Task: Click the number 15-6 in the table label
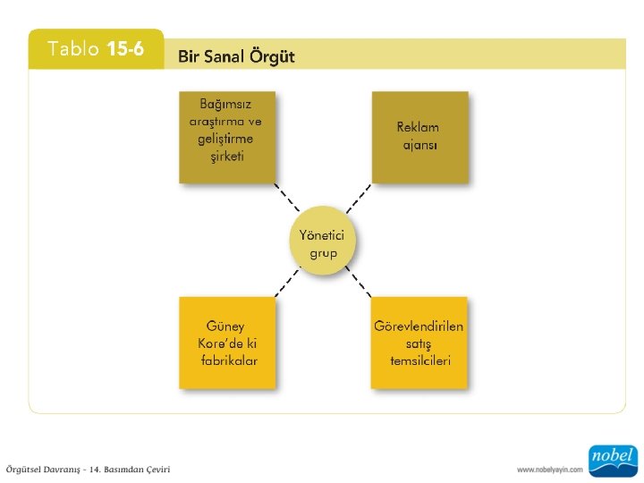(125, 49)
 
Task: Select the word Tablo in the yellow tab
(74, 49)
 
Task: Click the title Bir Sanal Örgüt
(236, 57)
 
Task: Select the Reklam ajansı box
(419, 136)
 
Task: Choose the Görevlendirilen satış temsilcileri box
(419, 343)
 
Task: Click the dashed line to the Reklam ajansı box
(358, 199)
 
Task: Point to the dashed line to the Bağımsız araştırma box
(287, 199)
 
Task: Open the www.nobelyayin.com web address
(549, 469)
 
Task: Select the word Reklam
(419, 127)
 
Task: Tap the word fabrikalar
(229, 360)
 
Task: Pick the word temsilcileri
(419, 360)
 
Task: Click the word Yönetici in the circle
(323, 234)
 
